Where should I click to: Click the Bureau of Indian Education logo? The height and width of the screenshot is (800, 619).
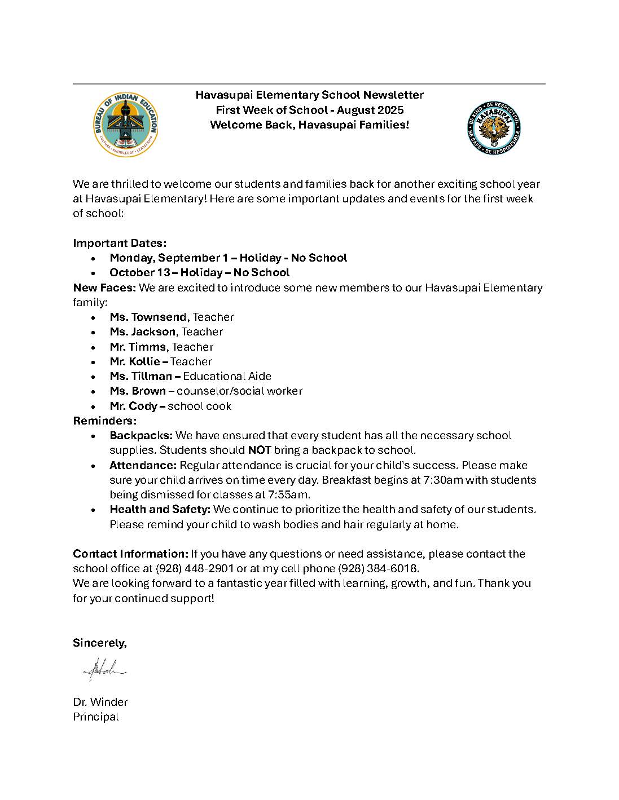click(126, 125)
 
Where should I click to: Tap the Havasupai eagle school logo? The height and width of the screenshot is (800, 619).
click(494, 128)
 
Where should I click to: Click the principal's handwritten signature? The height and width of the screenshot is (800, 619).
click(105, 670)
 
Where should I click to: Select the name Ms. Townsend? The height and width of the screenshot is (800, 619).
click(148, 317)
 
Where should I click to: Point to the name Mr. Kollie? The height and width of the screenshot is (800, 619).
click(135, 361)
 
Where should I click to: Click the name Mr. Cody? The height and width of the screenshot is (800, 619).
click(134, 406)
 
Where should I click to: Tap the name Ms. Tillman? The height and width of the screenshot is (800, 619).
click(141, 376)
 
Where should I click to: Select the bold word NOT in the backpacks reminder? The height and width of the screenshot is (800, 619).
click(260, 450)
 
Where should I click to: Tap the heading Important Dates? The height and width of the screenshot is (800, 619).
click(120, 243)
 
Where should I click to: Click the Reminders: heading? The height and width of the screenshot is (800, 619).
click(105, 421)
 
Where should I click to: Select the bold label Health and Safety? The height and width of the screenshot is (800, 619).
click(160, 510)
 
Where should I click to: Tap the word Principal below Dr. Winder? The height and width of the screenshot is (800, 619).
click(96, 717)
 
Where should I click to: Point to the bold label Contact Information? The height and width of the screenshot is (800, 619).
click(130, 554)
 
